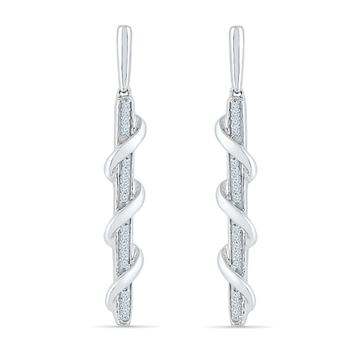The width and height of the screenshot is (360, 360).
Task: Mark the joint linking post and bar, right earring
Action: click(235, 93)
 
